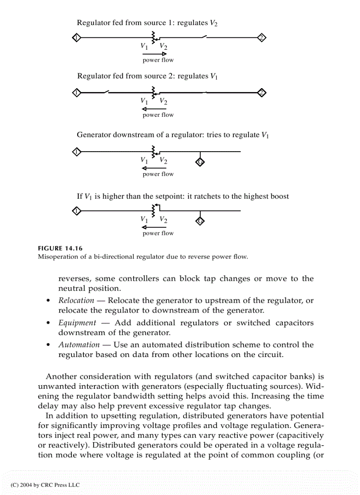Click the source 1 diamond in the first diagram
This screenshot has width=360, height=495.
(76, 37)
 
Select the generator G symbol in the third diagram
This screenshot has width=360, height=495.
(199, 162)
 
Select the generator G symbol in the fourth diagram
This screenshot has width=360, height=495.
(199, 221)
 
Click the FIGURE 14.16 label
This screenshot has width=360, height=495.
(60, 248)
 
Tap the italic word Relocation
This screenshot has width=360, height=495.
(76, 301)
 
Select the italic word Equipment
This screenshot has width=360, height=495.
(77, 323)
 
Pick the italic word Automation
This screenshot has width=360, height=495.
(79, 345)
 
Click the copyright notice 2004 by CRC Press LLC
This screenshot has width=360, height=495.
(45, 485)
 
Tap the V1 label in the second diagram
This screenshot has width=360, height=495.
(144, 101)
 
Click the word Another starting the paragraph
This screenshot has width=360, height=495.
(61, 376)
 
